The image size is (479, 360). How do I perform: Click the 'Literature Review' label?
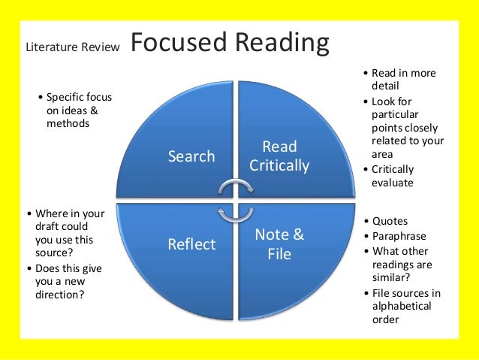tap(73, 47)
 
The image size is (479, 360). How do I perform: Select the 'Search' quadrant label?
tap(191, 156)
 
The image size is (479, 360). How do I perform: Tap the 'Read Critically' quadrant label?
tap(279, 156)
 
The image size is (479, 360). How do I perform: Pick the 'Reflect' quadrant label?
tap(191, 244)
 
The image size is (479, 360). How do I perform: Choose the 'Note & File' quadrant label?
tap(279, 244)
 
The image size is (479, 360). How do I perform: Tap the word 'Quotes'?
tap(390, 221)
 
